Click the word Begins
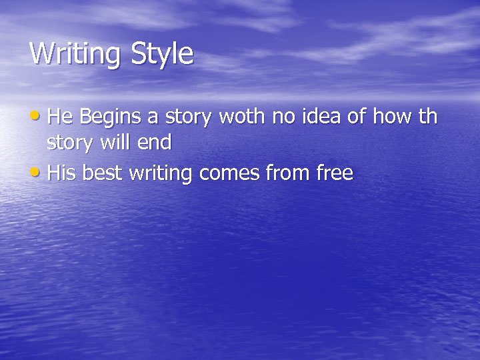click(x=110, y=117)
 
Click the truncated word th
click(x=428, y=117)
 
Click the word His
click(x=62, y=173)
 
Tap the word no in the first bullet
click(x=283, y=117)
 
